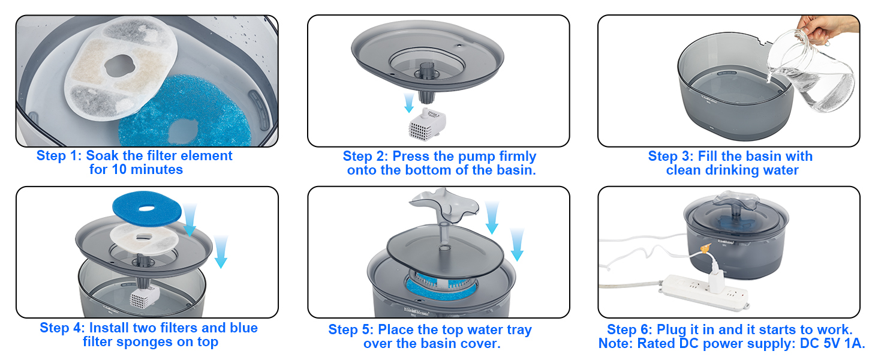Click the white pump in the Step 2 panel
[426, 124]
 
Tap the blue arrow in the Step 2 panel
[409, 103]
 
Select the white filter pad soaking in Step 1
[119, 68]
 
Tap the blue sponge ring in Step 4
[146, 209]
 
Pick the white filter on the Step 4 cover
[144, 239]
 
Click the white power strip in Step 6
[703, 292]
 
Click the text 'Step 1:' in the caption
[59, 155]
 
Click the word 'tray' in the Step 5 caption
[518, 330]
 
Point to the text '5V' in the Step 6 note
[832, 344]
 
